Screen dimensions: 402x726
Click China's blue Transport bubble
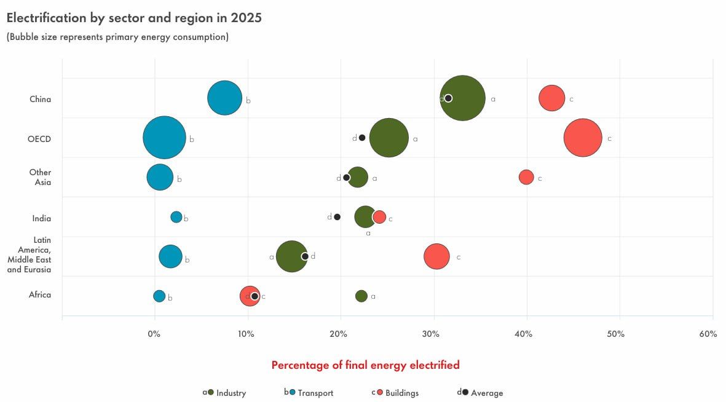pyautogui.click(x=224, y=98)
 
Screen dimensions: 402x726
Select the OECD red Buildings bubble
pyautogui.click(x=583, y=138)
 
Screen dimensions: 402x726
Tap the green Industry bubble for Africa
pyautogui.click(x=361, y=296)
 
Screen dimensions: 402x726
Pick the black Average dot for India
pyautogui.click(x=337, y=217)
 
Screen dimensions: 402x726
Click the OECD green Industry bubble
pyautogui.click(x=389, y=138)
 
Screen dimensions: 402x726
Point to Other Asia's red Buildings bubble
pyautogui.click(x=526, y=177)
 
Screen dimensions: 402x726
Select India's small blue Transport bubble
pyautogui.click(x=176, y=217)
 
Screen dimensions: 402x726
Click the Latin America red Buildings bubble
pyautogui.click(x=436, y=256)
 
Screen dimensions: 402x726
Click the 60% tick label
pyautogui.click(x=708, y=334)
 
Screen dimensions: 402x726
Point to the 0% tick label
pyautogui.click(x=154, y=334)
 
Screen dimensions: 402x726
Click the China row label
pyautogui.click(x=40, y=99)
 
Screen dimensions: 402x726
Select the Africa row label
pyautogui.click(x=40, y=294)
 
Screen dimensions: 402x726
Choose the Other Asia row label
pyautogui.click(x=41, y=177)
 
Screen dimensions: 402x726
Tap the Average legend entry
pyautogui.click(x=486, y=393)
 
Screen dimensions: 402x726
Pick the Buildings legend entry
pyautogui.click(x=401, y=393)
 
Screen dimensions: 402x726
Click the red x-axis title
pyautogui.click(x=365, y=365)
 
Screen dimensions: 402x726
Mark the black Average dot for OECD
pyautogui.click(x=362, y=138)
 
